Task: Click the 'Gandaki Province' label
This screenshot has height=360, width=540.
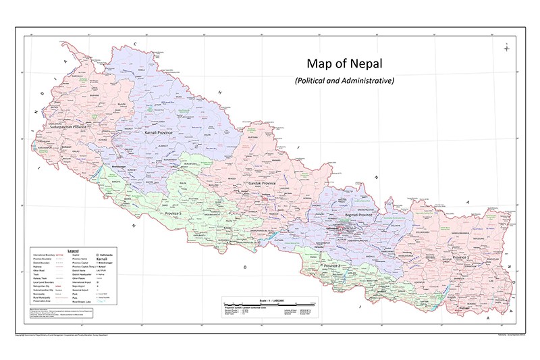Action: tap(261, 183)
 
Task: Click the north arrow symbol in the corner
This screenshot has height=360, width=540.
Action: tap(506, 47)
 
